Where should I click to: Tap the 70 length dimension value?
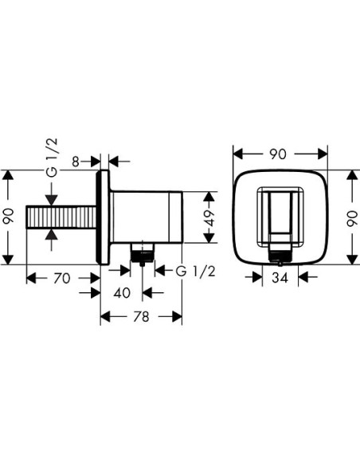pos(62,278)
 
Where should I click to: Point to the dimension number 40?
pos(122,292)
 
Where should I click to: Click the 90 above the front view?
pos(280,152)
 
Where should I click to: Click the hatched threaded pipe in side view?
pos(61,217)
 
